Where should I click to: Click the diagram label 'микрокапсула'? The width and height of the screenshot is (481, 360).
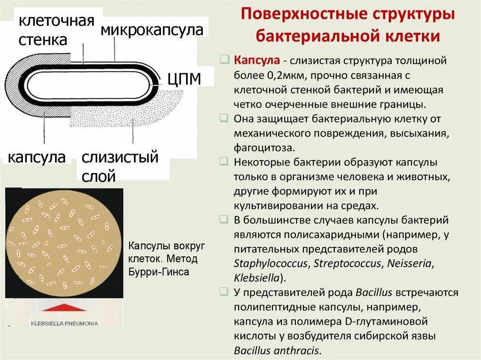click(x=152, y=31)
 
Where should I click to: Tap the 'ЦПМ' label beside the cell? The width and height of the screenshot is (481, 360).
click(x=184, y=79)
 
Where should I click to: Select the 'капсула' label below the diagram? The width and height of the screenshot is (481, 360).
click(x=37, y=157)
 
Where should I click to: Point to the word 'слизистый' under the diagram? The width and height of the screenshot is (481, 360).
click(x=120, y=157)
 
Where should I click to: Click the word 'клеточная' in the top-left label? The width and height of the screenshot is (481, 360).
click(x=56, y=21)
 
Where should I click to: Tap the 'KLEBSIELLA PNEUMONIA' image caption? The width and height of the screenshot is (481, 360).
click(x=64, y=323)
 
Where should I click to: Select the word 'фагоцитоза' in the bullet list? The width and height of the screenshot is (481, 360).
click(x=264, y=147)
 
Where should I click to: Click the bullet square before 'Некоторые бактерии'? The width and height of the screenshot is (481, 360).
click(x=224, y=161)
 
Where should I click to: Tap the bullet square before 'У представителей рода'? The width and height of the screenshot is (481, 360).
click(x=224, y=292)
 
